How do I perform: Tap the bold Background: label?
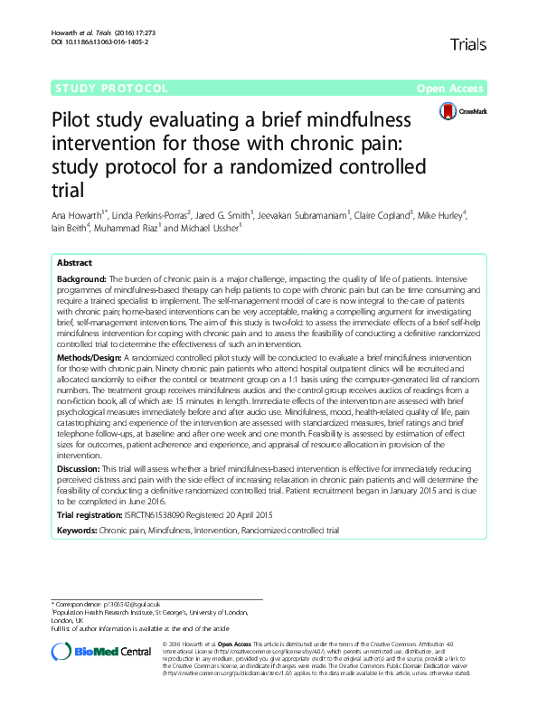[82, 280]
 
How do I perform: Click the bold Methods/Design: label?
[90, 358]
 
